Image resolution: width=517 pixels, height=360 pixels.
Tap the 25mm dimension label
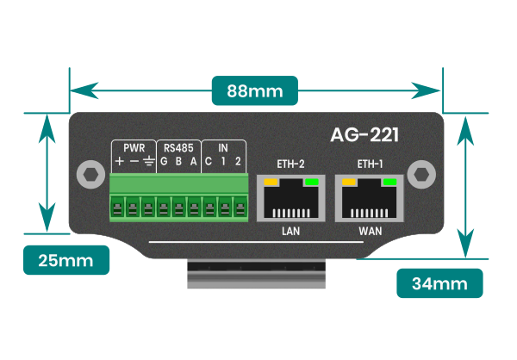(x=66, y=259)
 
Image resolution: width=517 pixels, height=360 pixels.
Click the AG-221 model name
(x=364, y=135)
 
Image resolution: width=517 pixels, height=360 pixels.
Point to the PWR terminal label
(x=134, y=146)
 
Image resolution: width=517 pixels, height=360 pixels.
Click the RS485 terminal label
(x=179, y=146)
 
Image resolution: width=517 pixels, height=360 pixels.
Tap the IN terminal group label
(x=223, y=146)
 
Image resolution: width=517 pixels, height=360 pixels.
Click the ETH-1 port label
(x=371, y=164)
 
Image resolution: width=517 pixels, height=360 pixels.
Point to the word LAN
(x=290, y=233)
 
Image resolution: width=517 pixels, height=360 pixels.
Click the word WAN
(x=371, y=233)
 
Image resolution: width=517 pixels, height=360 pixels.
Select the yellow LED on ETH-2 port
(x=271, y=183)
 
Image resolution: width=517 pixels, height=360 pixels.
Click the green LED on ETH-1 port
(x=389, y=183)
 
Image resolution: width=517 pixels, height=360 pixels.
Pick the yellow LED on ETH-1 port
(x=350, y=183)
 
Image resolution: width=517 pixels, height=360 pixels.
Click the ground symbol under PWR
(x=148, y=162)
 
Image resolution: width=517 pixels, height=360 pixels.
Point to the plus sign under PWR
(x=119, y=162)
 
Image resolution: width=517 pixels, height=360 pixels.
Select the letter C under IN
(x=209, y=162)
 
